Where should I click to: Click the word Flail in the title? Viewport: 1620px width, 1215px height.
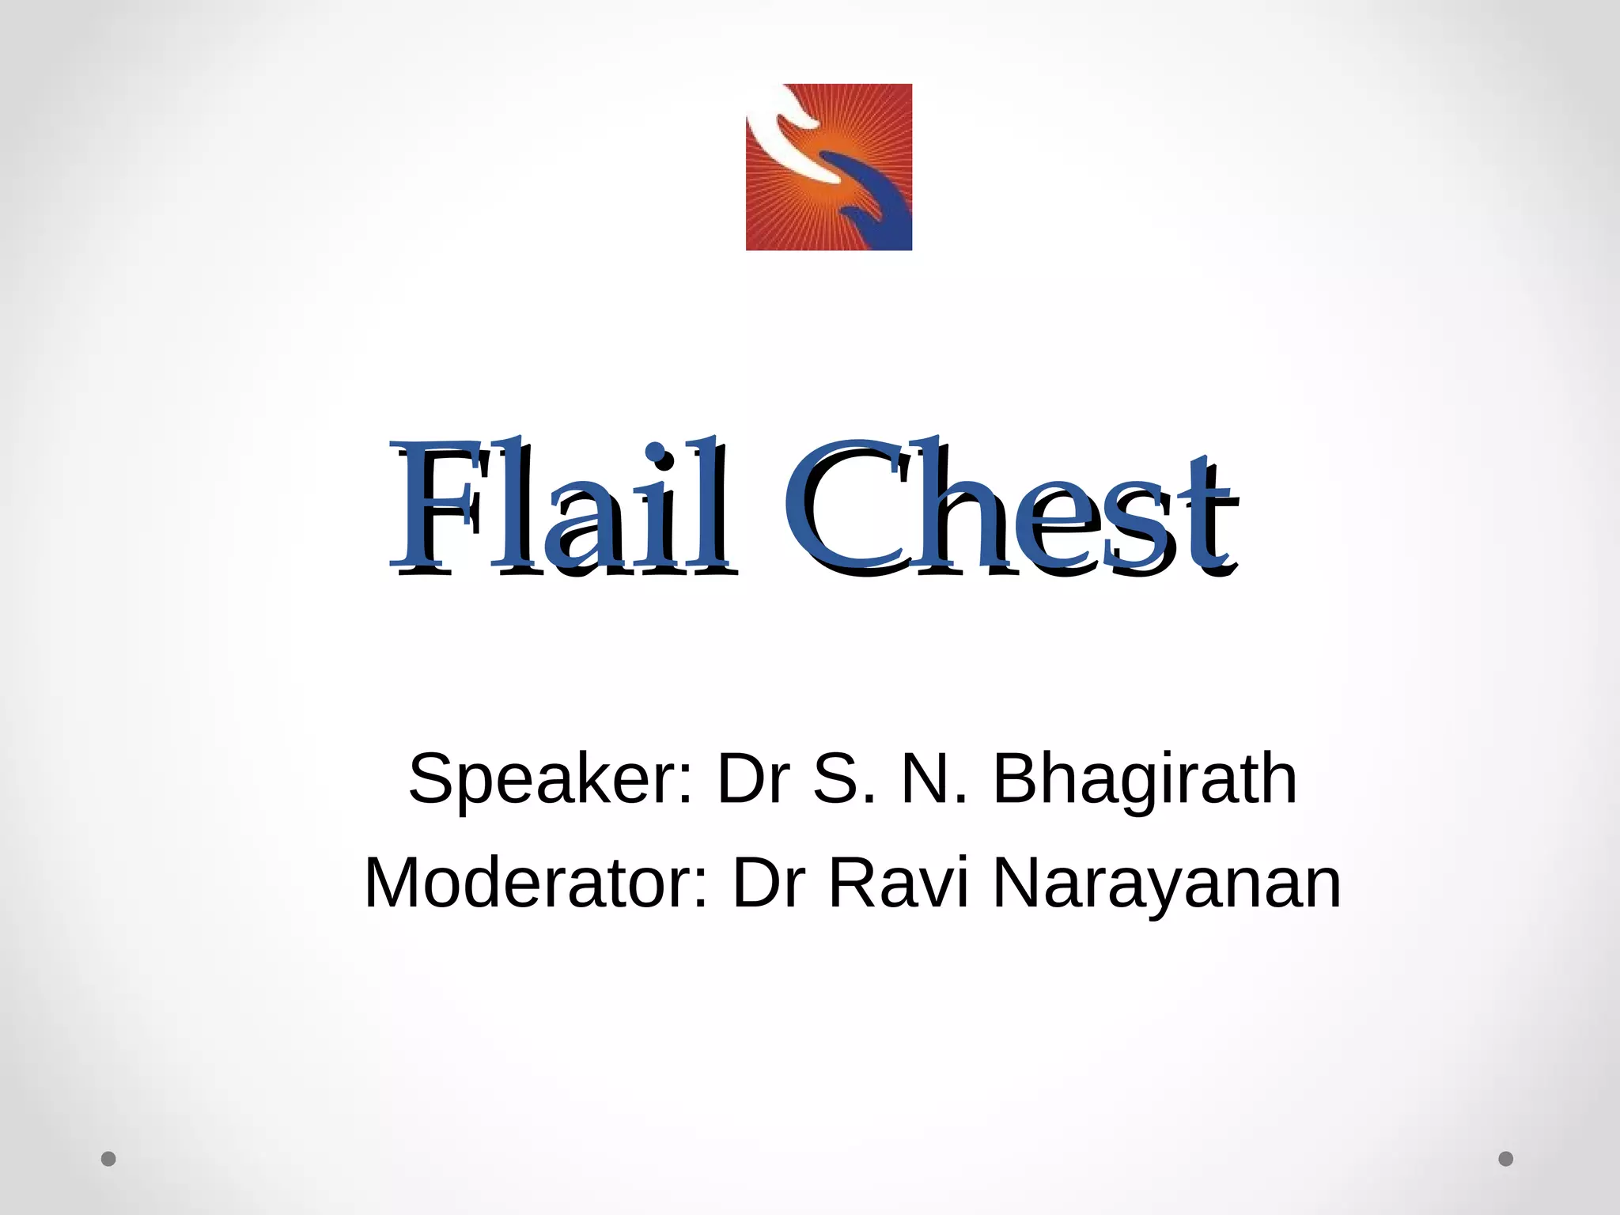pos(562,506)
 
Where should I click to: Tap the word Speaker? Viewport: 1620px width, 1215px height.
pos(546,780)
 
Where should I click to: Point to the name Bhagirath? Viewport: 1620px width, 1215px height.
pos(1145,780)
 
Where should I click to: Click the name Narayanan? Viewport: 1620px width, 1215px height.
pos(1167,884)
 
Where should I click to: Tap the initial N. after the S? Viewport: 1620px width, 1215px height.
pos(934,780)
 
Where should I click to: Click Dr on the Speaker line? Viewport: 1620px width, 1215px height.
pos(753,780)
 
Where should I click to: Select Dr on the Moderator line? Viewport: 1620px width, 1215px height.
pos(770,884)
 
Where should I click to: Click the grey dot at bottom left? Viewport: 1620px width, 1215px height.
pos(109,1159)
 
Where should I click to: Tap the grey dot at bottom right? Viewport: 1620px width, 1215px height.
pos(1506,1159)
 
